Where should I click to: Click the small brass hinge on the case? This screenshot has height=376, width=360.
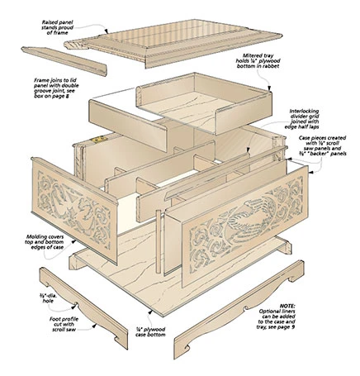click(102, 140)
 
